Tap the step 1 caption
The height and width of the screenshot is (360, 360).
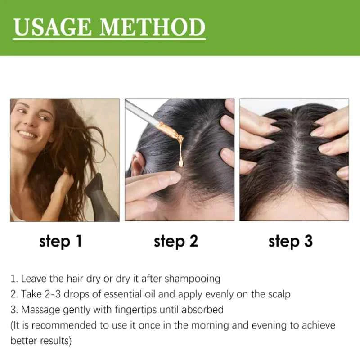pyautogui.click(x=61, y=242)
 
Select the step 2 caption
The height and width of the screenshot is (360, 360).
pyautogui.click(x=176, y=242)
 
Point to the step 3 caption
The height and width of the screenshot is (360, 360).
pyautogui.click(x=291, y=242)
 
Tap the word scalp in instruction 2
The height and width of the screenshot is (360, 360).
pyautogui.click(x=278, y=294)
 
